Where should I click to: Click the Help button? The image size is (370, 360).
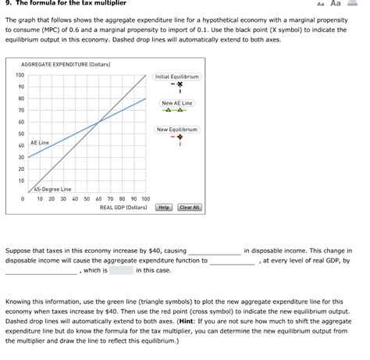(164, 208)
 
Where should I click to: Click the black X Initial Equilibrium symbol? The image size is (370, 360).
(179, 86)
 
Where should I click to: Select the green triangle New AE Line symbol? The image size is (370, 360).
(178, 110)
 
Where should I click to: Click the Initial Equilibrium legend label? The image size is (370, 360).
(177, 77)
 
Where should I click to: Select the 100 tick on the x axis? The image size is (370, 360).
(145, 199)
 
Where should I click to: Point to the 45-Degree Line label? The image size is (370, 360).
(53, 189)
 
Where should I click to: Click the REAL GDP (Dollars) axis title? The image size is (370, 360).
(123, 208)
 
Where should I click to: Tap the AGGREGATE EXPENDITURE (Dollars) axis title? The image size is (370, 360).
(66, 63)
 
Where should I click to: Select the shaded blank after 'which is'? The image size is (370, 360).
(121, 270)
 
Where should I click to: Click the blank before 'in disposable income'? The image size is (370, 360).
(213, 251)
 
